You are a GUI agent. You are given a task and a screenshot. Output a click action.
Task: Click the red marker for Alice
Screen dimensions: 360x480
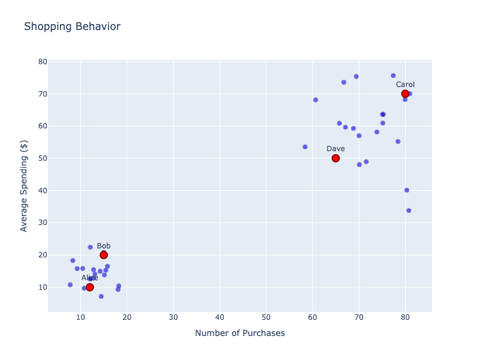(90, 287)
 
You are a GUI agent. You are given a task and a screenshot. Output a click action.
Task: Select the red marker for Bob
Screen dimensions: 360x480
(104, 255)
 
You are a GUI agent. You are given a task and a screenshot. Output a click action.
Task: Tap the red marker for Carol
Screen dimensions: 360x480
(405, 94)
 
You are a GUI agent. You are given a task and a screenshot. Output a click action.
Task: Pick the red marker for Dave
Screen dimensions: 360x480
(335, 158)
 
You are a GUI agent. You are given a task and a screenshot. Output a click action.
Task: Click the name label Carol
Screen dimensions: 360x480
(405, 85)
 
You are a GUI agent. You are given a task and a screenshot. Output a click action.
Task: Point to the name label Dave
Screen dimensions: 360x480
(335, 149)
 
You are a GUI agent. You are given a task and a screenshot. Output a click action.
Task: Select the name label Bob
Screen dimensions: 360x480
(104, 246)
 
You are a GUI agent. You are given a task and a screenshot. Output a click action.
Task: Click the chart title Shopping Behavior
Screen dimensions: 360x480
(72, 27)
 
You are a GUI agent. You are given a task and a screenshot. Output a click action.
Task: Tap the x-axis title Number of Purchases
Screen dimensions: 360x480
(240, 333)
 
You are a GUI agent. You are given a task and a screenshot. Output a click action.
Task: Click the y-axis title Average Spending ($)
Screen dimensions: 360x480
(24, 186)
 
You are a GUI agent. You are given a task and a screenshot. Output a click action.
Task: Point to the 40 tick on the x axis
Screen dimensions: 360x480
(220, 317)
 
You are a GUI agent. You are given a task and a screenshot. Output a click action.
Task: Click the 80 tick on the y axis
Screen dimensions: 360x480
(42, 62)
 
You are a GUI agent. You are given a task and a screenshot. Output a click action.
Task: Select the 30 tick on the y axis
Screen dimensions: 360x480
(42, 223)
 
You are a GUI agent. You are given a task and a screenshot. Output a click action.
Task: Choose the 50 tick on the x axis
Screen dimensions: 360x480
(266, 317)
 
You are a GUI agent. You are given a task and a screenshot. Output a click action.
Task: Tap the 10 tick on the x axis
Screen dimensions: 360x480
(80, 317)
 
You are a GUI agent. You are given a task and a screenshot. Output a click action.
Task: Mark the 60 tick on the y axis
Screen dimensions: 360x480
(42, 126)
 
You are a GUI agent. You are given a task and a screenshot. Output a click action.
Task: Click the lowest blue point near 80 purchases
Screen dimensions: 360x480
(409, 211)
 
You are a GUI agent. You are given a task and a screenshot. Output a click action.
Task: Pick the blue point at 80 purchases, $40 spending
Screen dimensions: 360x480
(407, 190)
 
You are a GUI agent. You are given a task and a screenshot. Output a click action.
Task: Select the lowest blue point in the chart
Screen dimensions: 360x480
(101, 296)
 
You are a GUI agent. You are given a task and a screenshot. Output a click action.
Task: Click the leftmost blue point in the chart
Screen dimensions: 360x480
(70, 284)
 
